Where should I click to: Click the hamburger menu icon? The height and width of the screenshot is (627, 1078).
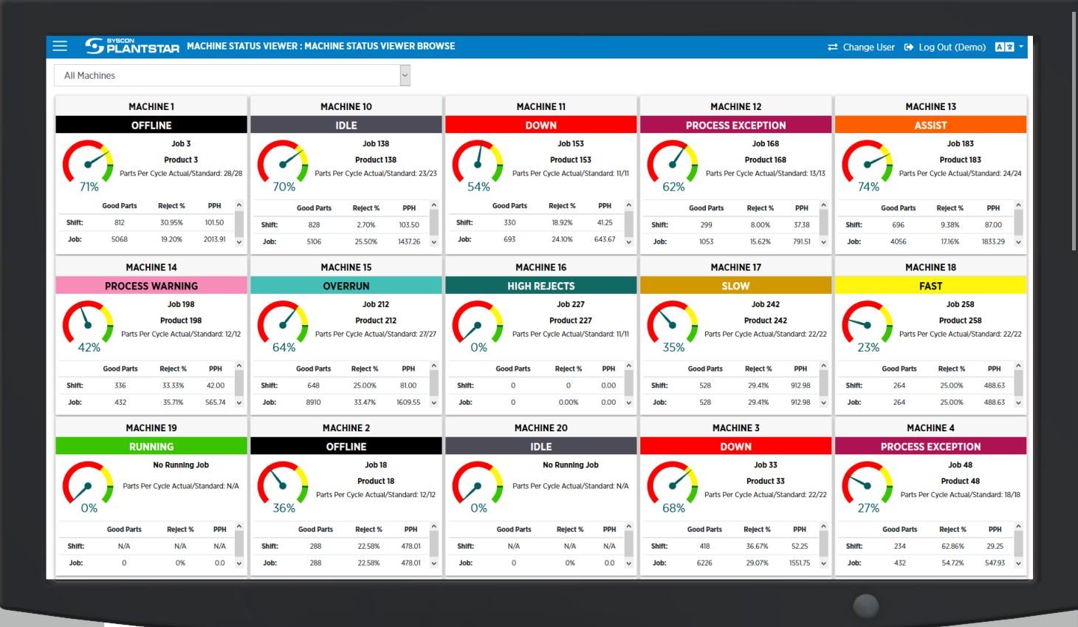[60, 47]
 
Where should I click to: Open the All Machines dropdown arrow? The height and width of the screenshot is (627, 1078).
[405, 75]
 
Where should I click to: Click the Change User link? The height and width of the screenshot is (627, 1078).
[861, 47]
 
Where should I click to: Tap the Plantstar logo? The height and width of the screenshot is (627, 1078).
[132, 47]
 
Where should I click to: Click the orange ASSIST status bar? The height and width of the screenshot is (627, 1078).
[930, 126]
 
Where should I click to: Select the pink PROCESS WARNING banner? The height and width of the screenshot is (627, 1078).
[151, 286]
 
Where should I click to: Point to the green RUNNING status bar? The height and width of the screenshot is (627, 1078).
[151, 447]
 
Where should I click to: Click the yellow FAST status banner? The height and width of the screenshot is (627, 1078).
[930, 286]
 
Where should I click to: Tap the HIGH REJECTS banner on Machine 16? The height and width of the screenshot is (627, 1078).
[540, 286]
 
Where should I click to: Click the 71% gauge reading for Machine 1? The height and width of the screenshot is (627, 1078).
[89, 187]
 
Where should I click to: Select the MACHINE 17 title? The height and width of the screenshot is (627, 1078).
[735, 267]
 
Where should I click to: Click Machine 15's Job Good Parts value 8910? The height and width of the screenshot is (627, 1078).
[313, 402]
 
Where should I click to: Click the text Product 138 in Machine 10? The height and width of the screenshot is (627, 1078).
[375, 160]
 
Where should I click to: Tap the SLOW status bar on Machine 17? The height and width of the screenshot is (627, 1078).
[735, 286]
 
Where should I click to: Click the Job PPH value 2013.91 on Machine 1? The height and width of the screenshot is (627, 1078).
[214, 239]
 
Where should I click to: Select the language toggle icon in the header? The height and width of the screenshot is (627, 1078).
[1004, 47]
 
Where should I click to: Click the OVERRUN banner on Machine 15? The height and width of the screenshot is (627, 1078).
[346, 286]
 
